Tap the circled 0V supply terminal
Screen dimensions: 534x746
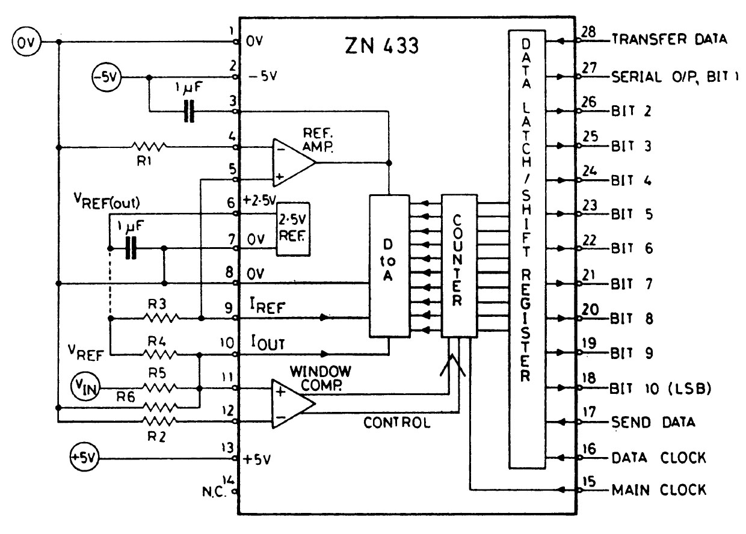24,43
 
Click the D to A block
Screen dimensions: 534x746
389,265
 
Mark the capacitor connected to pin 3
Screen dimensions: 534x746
190,112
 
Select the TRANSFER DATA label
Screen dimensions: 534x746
669,40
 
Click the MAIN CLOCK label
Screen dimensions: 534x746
658,489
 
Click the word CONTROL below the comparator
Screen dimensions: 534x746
397,423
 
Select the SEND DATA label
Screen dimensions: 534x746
653,422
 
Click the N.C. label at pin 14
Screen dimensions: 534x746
215,490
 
